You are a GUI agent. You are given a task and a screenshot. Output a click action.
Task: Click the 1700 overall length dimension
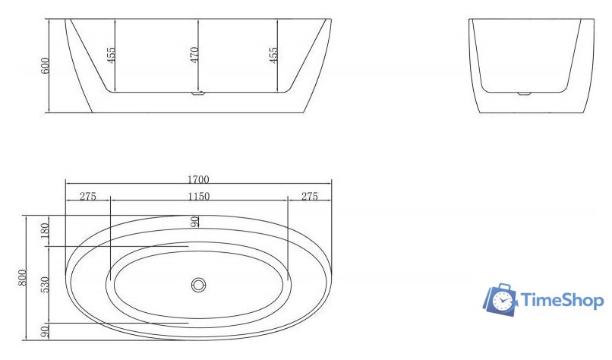[198, 180]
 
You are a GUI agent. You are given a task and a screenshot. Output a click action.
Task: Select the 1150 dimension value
[198, 197]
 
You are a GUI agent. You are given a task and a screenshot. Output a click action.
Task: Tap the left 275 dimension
[87, 197]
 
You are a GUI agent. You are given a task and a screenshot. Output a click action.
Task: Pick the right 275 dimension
[309, 197]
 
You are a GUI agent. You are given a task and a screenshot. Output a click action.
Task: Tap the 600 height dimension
[46, 65]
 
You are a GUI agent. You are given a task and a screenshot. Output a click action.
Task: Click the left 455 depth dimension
[111, 55]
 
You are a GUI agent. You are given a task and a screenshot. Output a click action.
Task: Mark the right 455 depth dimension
[273, 55]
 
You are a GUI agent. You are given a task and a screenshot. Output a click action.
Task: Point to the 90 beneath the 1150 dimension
[195, 221]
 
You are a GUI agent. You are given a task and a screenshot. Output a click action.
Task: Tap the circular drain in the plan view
[199, 286]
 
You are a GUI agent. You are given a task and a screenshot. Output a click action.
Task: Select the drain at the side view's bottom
[199, 94]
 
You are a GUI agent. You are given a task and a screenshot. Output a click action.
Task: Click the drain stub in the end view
[525, 93]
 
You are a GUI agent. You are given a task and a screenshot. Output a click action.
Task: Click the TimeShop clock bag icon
[499, 299]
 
